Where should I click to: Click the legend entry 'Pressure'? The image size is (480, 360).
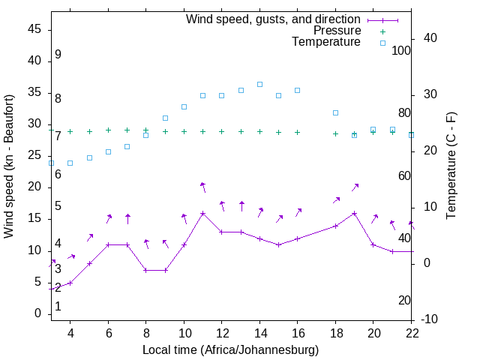click(337, 31)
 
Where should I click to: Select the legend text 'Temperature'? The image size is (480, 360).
click(326, 42)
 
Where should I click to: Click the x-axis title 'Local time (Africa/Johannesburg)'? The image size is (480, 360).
click(230, 350)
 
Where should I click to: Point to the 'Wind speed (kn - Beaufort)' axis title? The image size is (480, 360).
click(9, 166)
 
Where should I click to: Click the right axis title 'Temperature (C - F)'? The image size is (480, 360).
click(451, 166)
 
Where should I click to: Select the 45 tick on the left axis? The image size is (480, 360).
click(34, 29)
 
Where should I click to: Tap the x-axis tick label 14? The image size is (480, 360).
click(259, 333)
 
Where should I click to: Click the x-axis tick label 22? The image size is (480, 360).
click(411, 333)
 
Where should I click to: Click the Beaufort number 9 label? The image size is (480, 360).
click(58, 55)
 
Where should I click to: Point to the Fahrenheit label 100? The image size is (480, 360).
click(401, 50)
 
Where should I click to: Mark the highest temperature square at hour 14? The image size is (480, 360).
click(259, 84)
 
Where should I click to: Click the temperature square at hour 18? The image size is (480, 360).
click(335, 112)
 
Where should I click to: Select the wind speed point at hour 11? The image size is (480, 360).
click(202, 213)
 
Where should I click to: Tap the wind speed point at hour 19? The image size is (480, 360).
click(354, 213)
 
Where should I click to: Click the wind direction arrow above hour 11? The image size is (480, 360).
click(202, 187)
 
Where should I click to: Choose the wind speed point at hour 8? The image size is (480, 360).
click(146, 270)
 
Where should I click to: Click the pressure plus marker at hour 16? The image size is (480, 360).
click(298, 132)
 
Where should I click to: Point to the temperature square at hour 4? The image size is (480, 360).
click(70, 163)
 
